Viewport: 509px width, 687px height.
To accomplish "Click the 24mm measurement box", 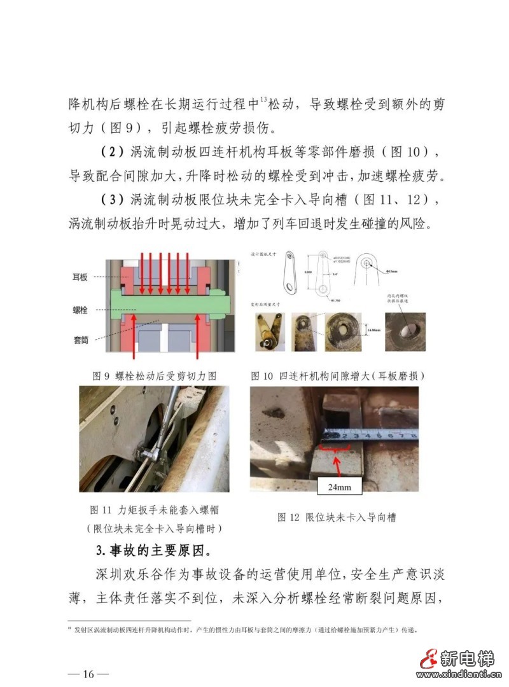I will (339, 488).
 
